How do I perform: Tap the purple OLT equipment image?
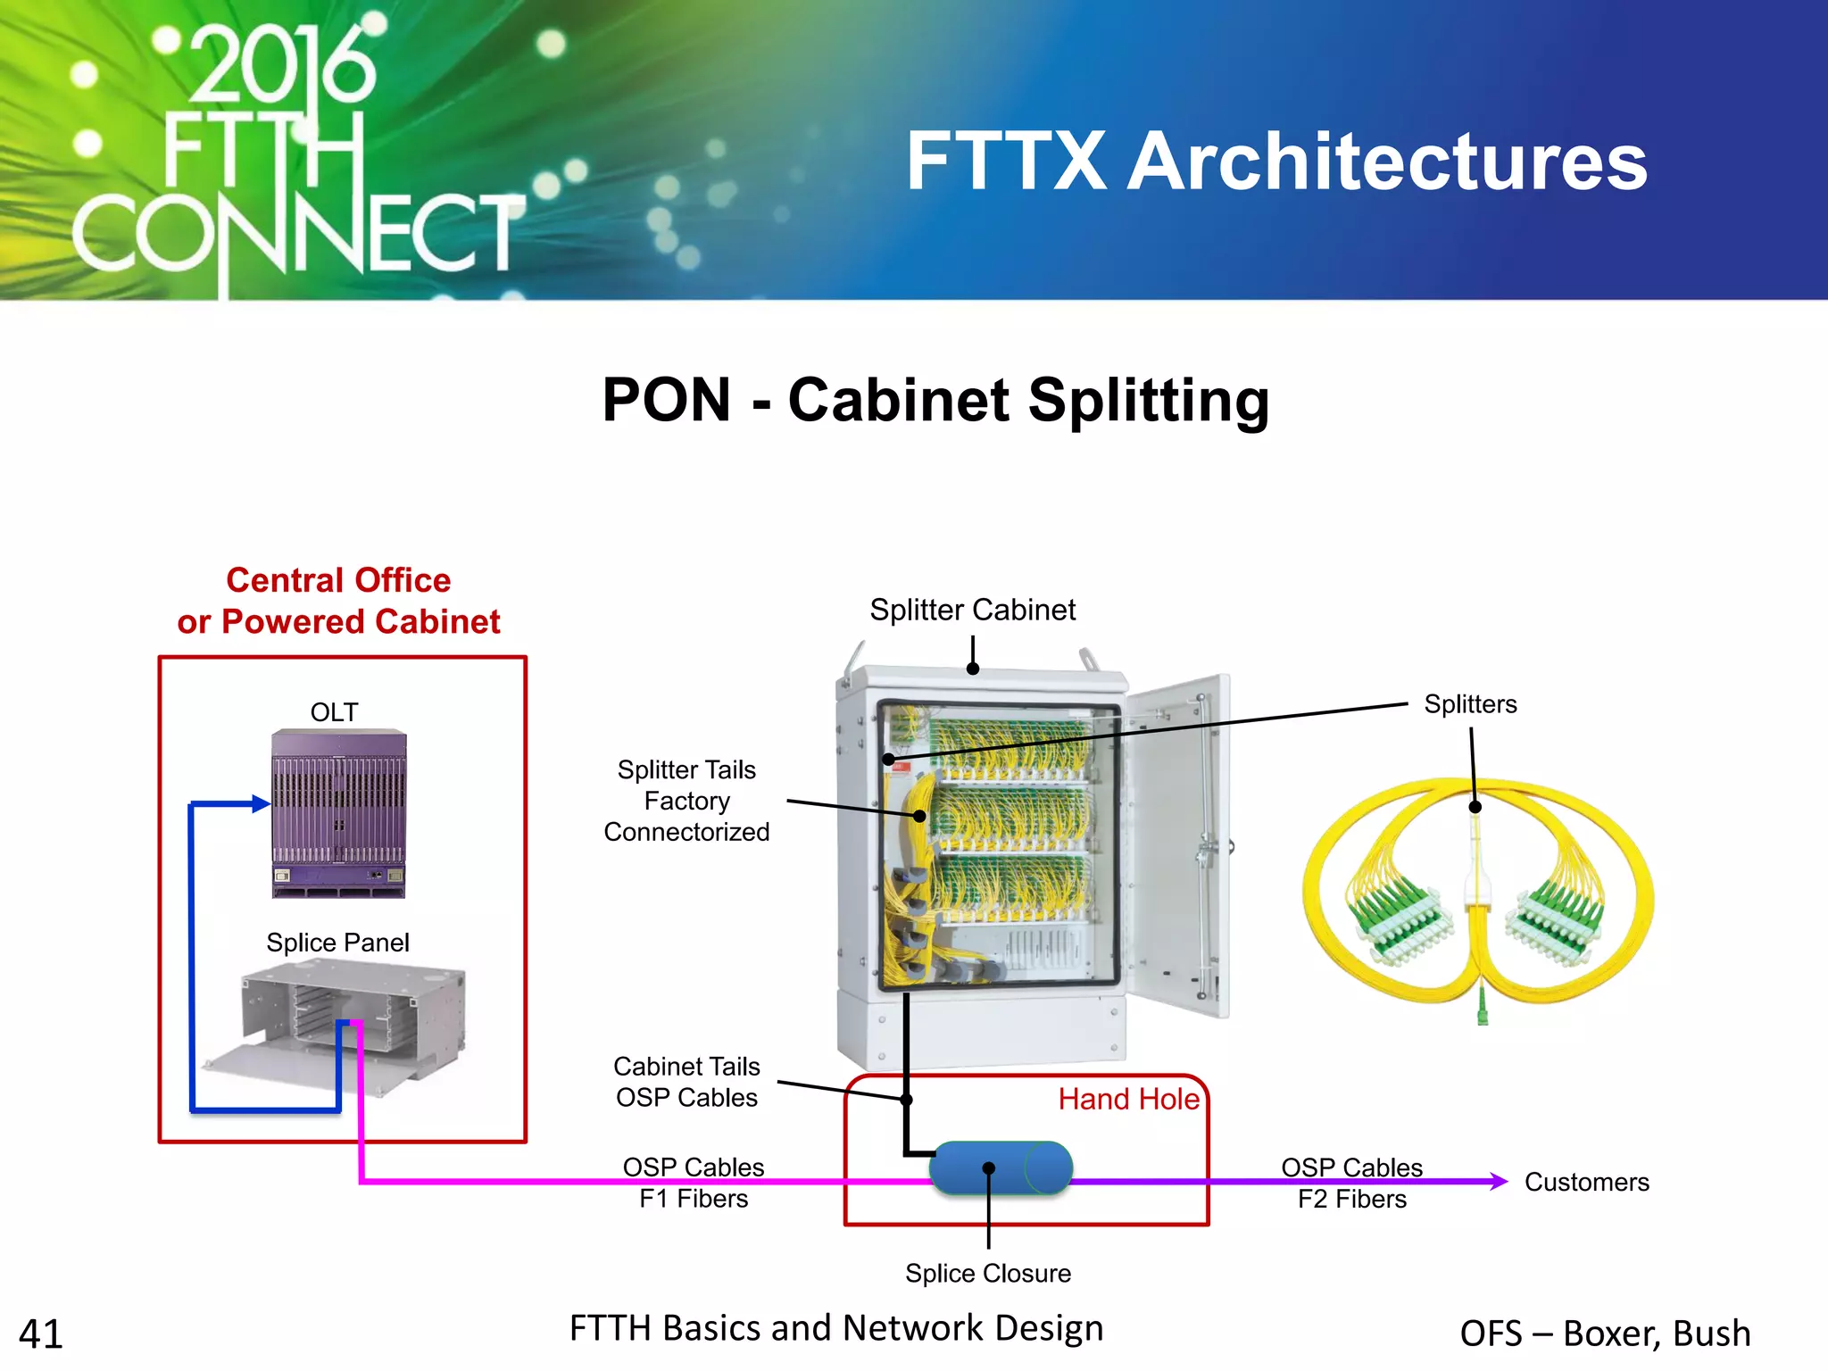click(x=338, y=812)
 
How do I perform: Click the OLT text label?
click(x=334, y=712)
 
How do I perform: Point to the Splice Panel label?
click(x=337, y=943)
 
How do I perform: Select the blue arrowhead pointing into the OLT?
click(x=261, y=804)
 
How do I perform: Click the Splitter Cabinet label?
click(x=972, y=610)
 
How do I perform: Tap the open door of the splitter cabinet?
click(x=1178, y=848)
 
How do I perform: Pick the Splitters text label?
click(x=1470, y=704)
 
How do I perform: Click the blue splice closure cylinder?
click(x=1000, y=1167)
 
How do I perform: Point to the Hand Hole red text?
click(x=1128, y=1099)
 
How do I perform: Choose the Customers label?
click(x=1586, y=1182)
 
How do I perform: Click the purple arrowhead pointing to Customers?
click(x=1500, y=1181)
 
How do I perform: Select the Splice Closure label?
click(x=988, y=1273)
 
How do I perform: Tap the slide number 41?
click(x=41, y=1334)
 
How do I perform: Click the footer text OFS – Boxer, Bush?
click(x=1605, y=1333)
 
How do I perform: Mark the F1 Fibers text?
click(x=694, y=1199)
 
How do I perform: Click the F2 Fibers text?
click(x=1351, y=1199)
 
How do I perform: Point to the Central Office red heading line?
click(x=338, y=580)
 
